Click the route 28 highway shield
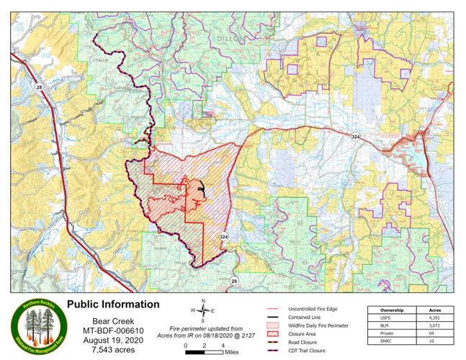37,87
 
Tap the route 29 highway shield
234,281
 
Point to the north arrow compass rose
204,310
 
